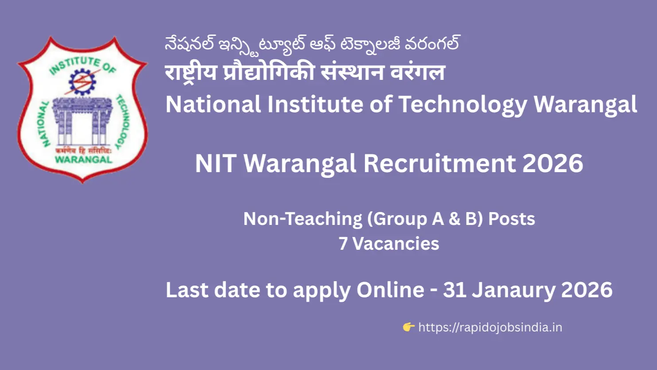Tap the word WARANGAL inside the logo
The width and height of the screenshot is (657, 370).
coord(83,159)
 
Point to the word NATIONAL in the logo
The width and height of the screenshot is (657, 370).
coord(45,124)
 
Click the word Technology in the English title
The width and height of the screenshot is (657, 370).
coord(463,105)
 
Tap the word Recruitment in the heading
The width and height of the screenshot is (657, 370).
coord(439,163)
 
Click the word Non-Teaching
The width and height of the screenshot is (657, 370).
coord(303,219)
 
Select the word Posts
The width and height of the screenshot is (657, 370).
coord(511,219)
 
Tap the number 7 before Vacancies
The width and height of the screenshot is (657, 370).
coord(343,244)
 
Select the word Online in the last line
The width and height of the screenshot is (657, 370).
coord(390,290)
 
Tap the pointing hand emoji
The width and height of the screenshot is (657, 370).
coord(408,327)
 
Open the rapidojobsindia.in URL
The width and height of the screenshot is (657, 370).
coord(490,327)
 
